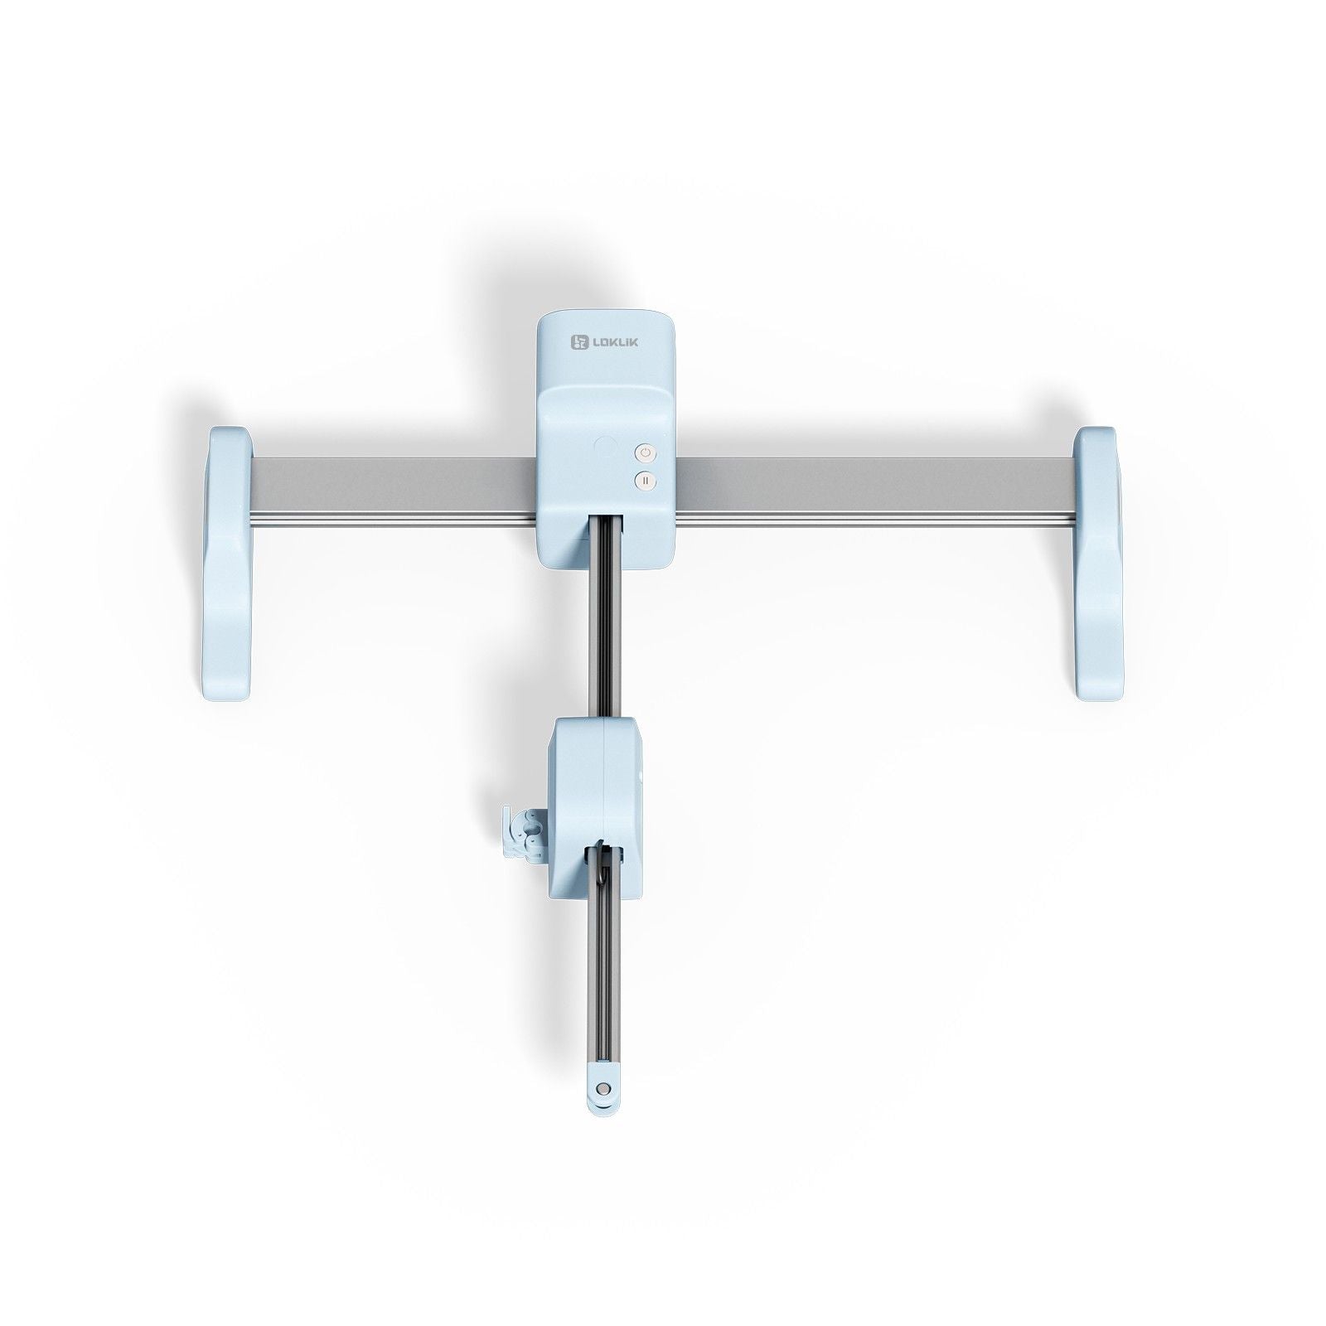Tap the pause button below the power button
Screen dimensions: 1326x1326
[x=646, y=481]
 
